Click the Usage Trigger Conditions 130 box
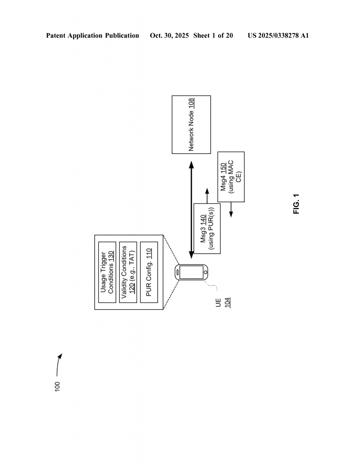[x=107, y=272]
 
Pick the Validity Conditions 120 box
[x=127, y=272]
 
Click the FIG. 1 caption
[x=297, y=204]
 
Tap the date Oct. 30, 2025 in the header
[x=169, y=35]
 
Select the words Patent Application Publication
[x=92, y=35]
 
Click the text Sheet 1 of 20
[x=213, y=35]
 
